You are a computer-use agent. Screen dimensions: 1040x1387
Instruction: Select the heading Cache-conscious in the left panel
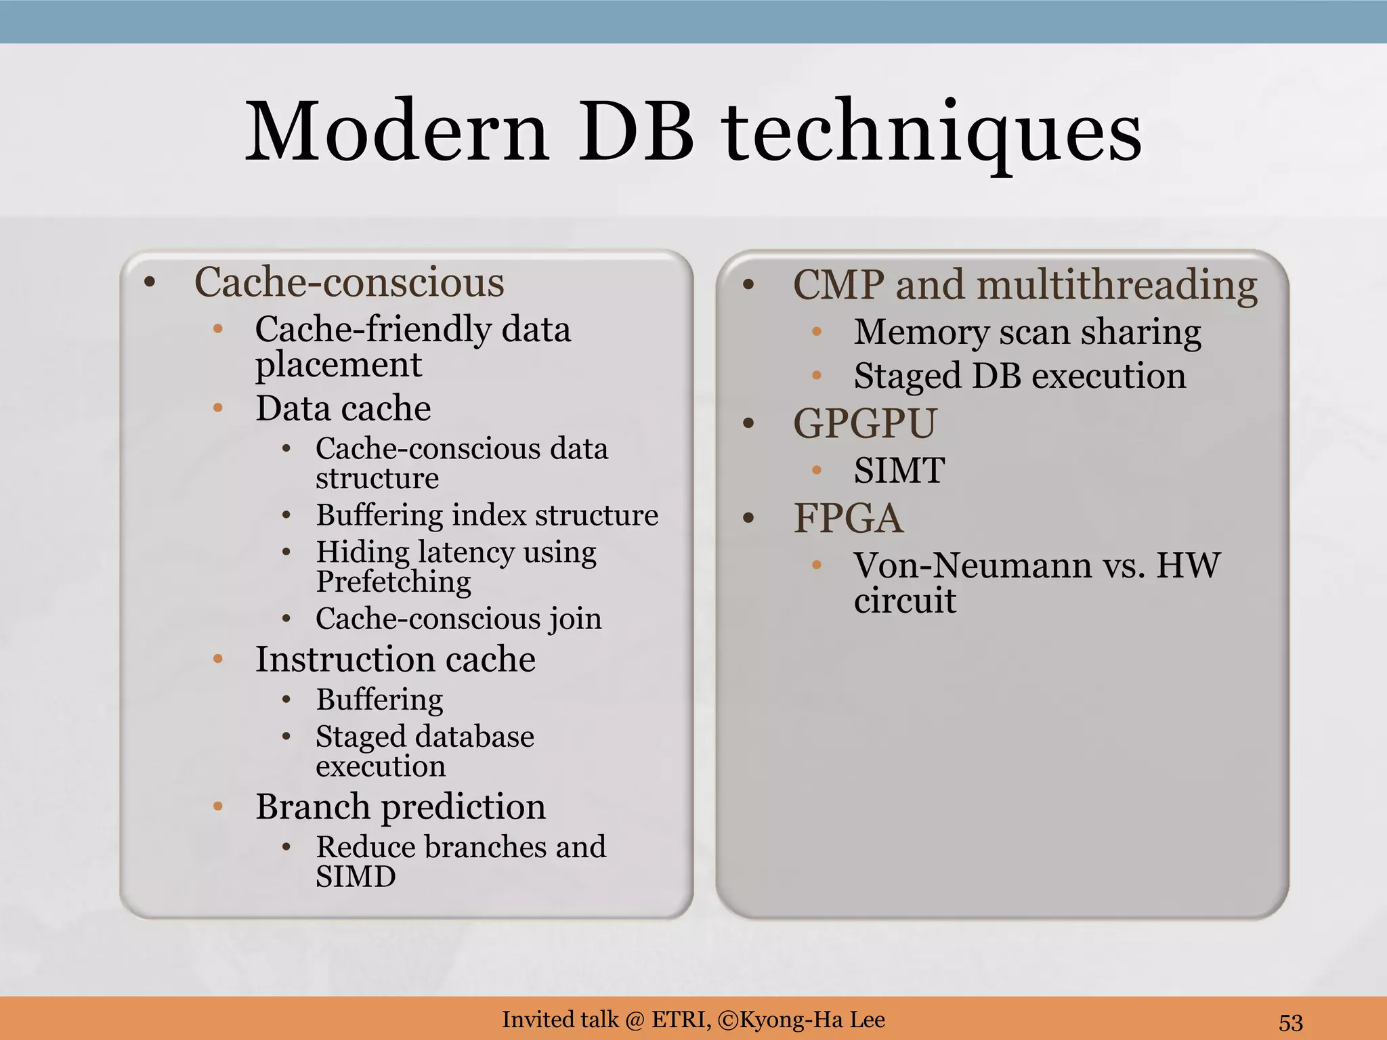349,282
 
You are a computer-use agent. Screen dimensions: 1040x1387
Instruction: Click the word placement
339,366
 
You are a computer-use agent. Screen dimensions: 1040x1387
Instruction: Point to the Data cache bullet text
343,408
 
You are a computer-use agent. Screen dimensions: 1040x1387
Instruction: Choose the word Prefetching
393,582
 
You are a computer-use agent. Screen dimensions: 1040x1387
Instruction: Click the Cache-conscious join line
458,619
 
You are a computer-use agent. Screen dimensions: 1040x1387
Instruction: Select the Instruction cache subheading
396,659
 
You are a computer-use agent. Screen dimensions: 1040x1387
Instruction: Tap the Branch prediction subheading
400,806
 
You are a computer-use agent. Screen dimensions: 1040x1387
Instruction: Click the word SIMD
356,877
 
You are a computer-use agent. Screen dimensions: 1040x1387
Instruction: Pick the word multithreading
1117,285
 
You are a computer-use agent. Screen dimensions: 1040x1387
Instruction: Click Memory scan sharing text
1027,332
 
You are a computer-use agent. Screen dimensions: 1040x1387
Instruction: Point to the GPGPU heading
865,424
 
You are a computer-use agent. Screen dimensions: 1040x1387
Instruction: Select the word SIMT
899,471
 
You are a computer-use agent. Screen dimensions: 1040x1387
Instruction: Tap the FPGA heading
848,519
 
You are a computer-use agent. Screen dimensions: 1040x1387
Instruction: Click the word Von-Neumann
972,565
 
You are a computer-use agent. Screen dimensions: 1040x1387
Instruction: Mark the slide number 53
1291,1022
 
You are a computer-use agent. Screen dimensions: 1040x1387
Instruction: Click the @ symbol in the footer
635,1020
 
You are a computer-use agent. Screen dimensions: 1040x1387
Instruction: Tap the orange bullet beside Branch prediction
218,806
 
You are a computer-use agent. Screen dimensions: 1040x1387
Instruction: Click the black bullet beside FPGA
748,519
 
